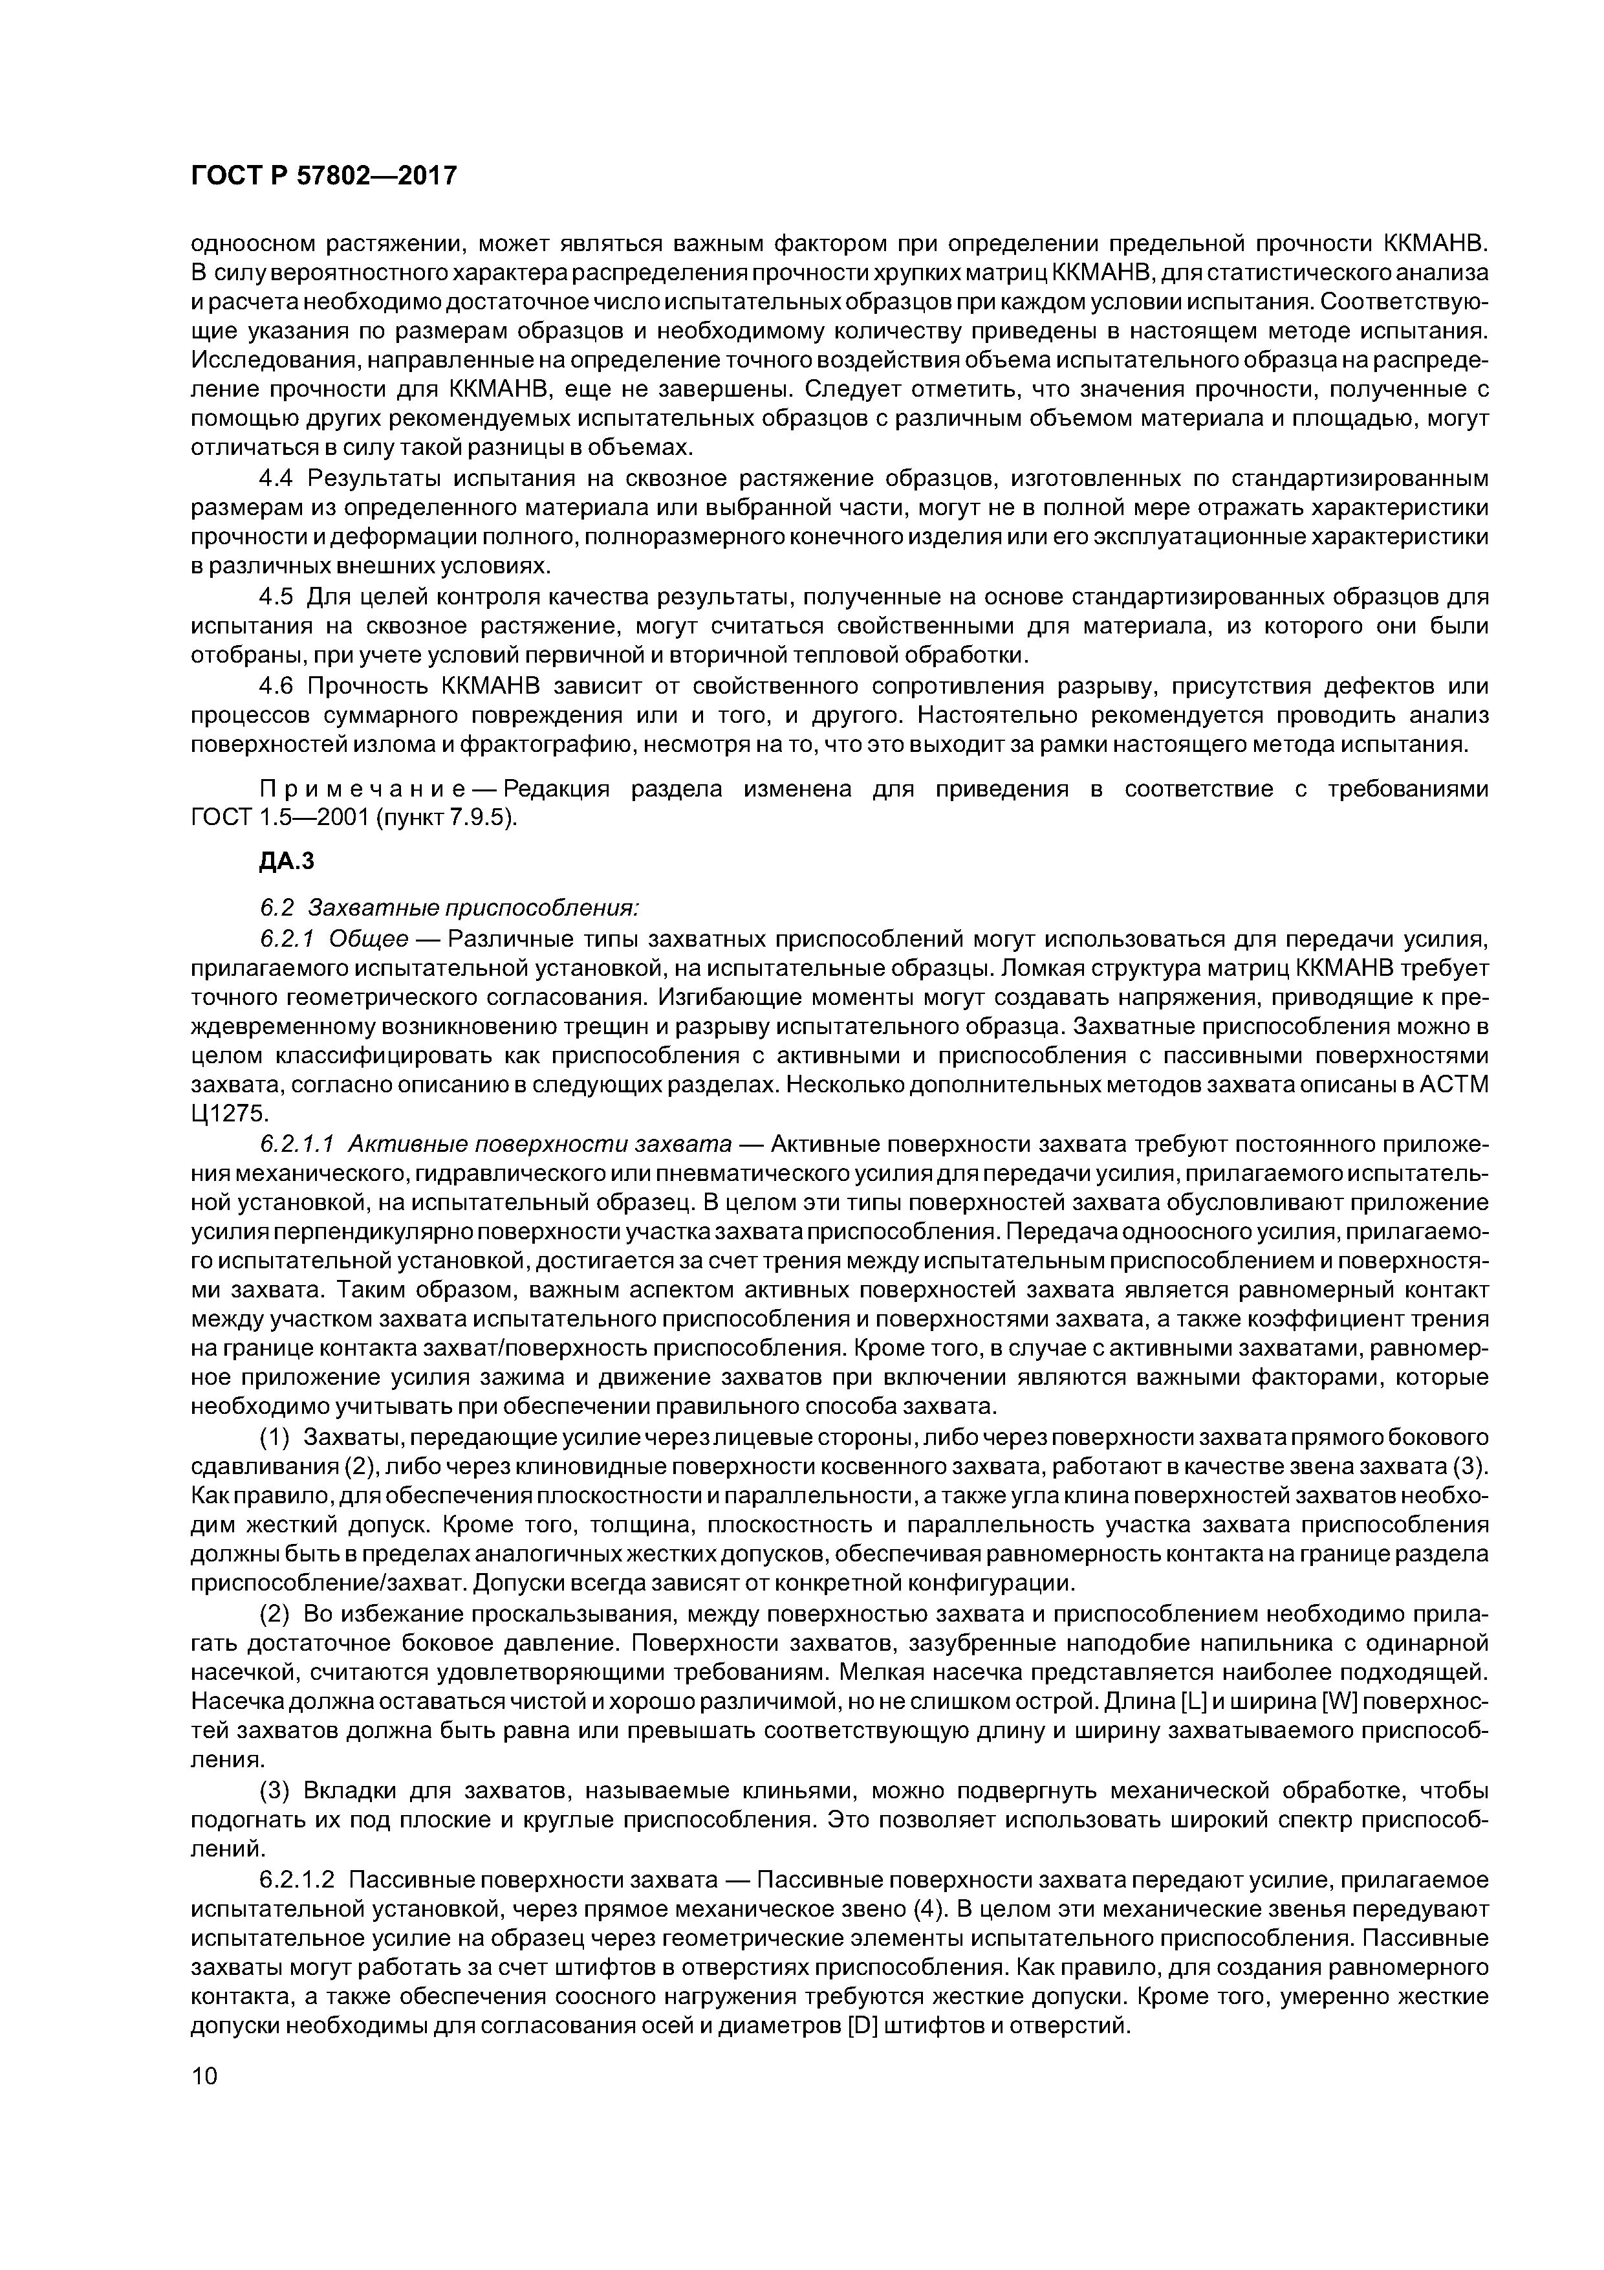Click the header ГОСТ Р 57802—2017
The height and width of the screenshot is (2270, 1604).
click(x=323, y=176)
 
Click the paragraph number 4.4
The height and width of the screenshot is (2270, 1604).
click(x=277, y=479)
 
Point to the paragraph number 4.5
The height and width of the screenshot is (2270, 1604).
click(x=277, y=597)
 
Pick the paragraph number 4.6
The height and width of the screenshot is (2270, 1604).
click(x=277, y=686)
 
